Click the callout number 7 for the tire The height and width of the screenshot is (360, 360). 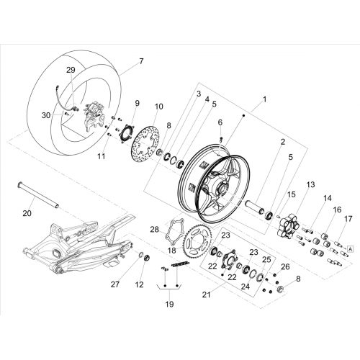141,61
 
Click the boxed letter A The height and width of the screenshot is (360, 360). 351,249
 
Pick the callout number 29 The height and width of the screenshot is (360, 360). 71,70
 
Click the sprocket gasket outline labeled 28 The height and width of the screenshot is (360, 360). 174,232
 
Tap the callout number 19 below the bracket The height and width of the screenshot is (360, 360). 169,304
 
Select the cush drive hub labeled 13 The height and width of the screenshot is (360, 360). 288,225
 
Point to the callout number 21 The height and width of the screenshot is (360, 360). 206,294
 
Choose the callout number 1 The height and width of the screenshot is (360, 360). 264,99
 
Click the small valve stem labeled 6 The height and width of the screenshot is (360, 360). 222,139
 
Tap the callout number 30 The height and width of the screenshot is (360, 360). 46,115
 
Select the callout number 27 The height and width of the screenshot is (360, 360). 115,284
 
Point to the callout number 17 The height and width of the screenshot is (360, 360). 348,219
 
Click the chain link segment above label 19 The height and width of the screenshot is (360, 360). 181,264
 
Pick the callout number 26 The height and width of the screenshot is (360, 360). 285,266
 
